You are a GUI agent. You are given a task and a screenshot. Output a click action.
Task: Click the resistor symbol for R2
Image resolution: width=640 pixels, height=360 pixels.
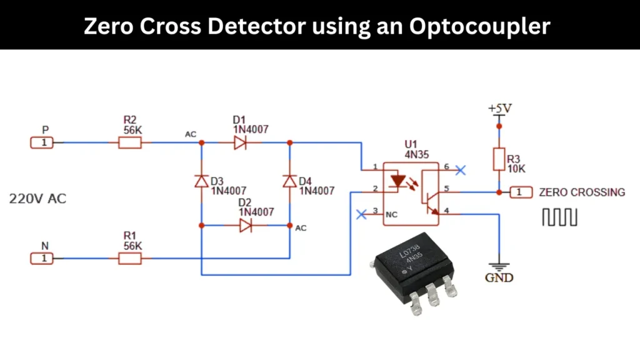tap(130, 143)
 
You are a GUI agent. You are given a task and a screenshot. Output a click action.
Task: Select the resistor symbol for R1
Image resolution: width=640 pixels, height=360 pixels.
tap(130, 257)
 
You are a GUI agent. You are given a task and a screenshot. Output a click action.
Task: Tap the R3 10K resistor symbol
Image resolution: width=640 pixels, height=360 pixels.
tap(499, 159)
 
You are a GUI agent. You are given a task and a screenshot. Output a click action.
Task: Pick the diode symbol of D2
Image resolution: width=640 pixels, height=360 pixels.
tap(245, 225)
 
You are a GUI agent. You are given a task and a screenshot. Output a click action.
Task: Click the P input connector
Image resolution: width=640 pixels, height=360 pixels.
tap(42, 143)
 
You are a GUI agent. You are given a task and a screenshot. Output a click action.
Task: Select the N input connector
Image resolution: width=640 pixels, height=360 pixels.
tap(42, 257)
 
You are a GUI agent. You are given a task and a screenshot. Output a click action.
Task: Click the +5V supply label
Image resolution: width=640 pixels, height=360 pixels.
tap(499, 109)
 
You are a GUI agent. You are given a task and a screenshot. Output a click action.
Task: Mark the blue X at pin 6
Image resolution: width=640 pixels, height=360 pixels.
tap(461, 169)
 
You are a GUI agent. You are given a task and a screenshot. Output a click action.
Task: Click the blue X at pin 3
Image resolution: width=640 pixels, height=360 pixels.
tap(361, 214)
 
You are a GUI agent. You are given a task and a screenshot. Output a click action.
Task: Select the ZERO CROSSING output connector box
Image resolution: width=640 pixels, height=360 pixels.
tap(520, 192)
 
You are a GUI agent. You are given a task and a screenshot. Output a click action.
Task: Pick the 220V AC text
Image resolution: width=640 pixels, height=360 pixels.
tap(37, 199)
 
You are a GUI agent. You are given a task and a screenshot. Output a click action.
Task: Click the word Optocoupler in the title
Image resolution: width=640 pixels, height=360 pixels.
tap(480, 26)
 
